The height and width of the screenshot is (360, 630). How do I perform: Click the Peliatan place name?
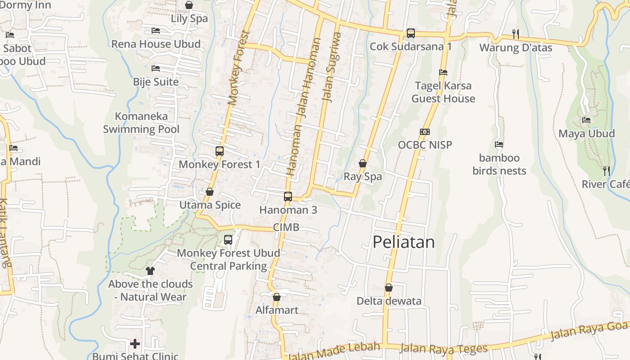pos(404,242)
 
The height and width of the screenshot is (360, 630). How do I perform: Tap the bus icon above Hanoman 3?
pos(288,197)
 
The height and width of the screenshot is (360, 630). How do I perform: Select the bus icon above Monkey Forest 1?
pos(220,151)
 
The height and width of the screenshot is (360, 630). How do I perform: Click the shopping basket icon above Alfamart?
pos(277,297)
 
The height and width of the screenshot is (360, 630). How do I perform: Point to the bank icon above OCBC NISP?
pos(425,132)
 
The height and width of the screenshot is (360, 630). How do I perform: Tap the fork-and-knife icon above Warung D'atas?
pos(516,34)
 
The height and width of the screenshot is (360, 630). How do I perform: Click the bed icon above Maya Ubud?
pos(586,120)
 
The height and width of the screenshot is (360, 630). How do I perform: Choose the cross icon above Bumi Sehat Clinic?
pos(135,344)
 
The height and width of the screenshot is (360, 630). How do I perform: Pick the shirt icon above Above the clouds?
pos(150,271)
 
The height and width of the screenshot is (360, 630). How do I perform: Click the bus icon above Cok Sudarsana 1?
pos(410,33)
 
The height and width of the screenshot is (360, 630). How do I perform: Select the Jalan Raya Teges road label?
pos(444,348)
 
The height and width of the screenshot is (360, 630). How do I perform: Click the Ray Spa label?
pos(363,176)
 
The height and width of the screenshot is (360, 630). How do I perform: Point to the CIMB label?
pos(286,227)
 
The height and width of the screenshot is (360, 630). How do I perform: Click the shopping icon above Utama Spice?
pos(210,192)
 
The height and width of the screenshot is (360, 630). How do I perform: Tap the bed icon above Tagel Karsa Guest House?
pos(443,72)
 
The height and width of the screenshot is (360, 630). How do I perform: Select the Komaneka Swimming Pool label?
pos(141,123)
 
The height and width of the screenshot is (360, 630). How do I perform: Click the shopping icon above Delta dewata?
pos(389,288)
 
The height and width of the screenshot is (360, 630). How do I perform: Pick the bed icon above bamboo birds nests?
pos(499,144)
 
